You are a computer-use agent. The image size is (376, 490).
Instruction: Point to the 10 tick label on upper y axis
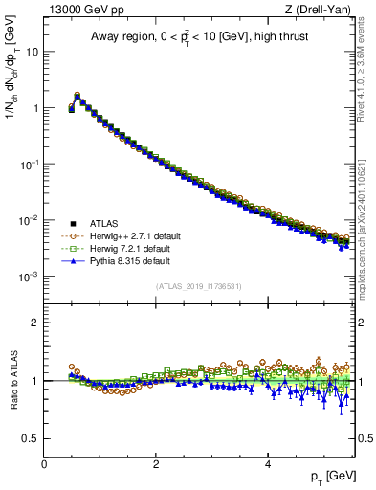tap(32, 52)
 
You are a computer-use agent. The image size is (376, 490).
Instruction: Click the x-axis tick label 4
tap(267, 463)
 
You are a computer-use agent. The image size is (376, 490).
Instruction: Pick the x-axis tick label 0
tap(44, 463)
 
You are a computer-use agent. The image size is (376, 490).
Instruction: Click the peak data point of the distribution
tap(77, 96)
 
